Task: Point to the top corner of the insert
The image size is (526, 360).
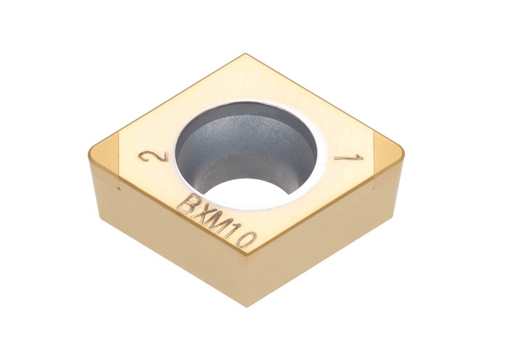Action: tap(245, 55)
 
